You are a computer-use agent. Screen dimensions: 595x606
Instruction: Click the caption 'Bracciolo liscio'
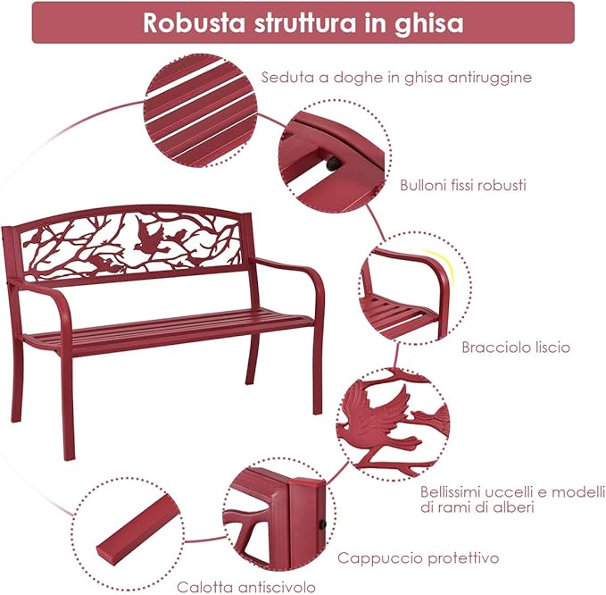click(516, 347)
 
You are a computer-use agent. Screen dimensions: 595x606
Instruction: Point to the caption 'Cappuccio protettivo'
click(417, 558)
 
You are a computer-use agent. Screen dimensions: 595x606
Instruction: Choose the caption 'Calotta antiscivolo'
click(245, 587)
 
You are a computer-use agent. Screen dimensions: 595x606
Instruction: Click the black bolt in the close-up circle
click(333, 164)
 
